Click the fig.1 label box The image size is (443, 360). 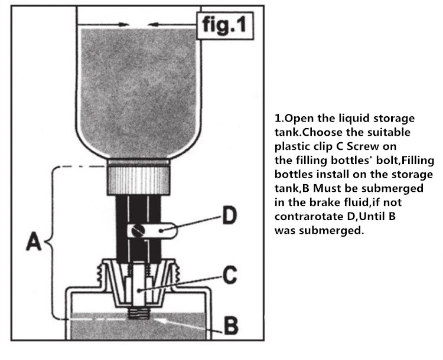[x=225, y=25]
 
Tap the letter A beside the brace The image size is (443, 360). [x=34, y=241]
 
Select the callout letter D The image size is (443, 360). [x=229, y=215]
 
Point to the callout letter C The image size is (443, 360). [x=230, y=275]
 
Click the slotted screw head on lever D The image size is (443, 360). [x=138, y=231]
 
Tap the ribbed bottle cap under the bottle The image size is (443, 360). [x=138, y=181]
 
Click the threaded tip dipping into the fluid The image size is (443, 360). [x=138, y=313]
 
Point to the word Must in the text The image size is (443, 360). [x=325, y=188]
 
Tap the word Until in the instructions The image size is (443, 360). [x=372, y=217]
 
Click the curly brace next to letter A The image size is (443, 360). [x=53, y=243]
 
